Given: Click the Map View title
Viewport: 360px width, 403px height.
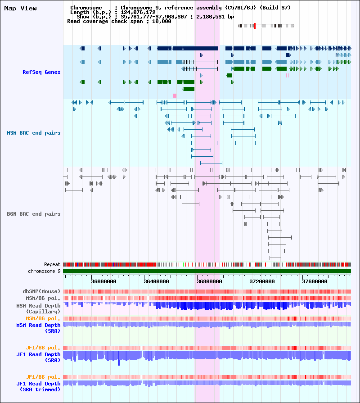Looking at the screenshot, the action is [20, 8].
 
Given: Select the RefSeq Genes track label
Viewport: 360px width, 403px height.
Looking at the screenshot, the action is [41, 72].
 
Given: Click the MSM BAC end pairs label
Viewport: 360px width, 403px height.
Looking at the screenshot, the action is [34, 133].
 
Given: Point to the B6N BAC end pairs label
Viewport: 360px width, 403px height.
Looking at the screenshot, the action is [34, 214].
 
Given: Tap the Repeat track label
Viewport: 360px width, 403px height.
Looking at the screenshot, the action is [52, 264].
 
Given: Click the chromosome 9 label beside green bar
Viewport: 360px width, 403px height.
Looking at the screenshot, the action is [44, 271].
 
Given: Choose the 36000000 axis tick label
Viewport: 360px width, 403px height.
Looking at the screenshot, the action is [104, 281].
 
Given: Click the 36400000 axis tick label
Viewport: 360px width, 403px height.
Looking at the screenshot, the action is [157, 281].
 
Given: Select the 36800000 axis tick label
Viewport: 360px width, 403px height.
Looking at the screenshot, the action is [210, 281].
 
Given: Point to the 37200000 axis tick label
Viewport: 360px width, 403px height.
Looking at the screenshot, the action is [262, 281].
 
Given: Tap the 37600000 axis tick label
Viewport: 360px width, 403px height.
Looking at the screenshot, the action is [315, 281].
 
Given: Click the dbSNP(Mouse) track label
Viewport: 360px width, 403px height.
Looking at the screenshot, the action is [41, 291].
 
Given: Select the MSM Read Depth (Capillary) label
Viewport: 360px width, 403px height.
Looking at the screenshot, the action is [39, 309].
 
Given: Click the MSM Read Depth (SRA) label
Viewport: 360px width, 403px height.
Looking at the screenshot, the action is [39, 328].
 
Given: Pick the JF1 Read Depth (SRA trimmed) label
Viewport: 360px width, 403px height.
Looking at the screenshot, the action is [39, 386].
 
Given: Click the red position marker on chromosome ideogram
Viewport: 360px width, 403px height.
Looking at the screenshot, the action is [255, 26].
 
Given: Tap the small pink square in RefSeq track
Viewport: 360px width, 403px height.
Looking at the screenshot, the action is [175, 95].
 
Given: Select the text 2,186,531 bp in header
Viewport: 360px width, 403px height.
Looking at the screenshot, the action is [215, 17].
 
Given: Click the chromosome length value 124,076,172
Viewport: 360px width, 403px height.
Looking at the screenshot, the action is [138, 12].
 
